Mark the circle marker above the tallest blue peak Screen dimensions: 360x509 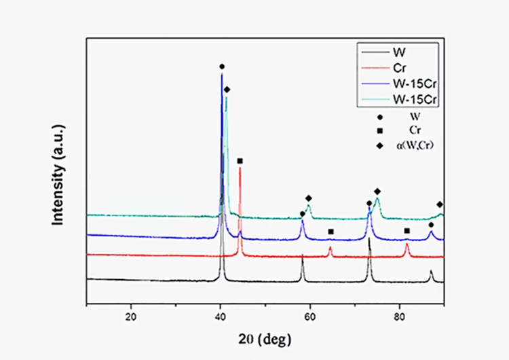pyautogui.click(x=222, y=67)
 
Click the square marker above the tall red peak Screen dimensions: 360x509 pyautogui.click(x=240, y=161)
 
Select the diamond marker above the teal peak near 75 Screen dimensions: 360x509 pyautogui.click(x=377, y=192)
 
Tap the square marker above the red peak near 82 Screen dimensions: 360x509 pyautogui.click(x=407, y=231)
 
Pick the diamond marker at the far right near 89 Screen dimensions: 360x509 pyautogui.click(x=440, y=204)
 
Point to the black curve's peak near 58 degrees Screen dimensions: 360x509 pyautogui.click(x=303, y=255)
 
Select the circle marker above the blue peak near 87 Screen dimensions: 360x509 pyautogui.click(x=431, y=225)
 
